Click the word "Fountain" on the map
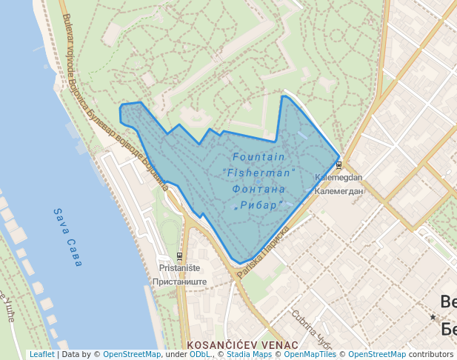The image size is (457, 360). [258, 157]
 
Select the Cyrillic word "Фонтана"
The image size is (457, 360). [258, 189]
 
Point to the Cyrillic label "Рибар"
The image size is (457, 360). [259, 204]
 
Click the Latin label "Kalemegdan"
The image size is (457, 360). [338, 178]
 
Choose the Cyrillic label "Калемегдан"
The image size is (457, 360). [338, 191]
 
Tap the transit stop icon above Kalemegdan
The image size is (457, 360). [338, 165]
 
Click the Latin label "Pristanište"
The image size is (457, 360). [178, 268]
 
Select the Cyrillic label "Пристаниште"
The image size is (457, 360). [179, 281]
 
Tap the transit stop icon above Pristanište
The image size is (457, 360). [179, 257]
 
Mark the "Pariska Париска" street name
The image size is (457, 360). [263, 253]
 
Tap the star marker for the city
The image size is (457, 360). [433, 316]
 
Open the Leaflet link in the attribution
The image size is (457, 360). [41, 354]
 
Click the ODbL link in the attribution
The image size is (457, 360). [200, 354]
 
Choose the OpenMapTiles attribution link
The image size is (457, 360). [307, 354]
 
